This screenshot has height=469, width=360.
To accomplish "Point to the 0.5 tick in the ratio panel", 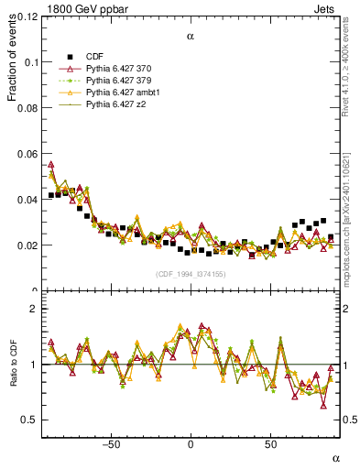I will pos(29,420).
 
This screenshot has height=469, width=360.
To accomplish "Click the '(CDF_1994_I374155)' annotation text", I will pos(191,274).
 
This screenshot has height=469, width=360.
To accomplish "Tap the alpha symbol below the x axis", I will pos(335,457).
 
